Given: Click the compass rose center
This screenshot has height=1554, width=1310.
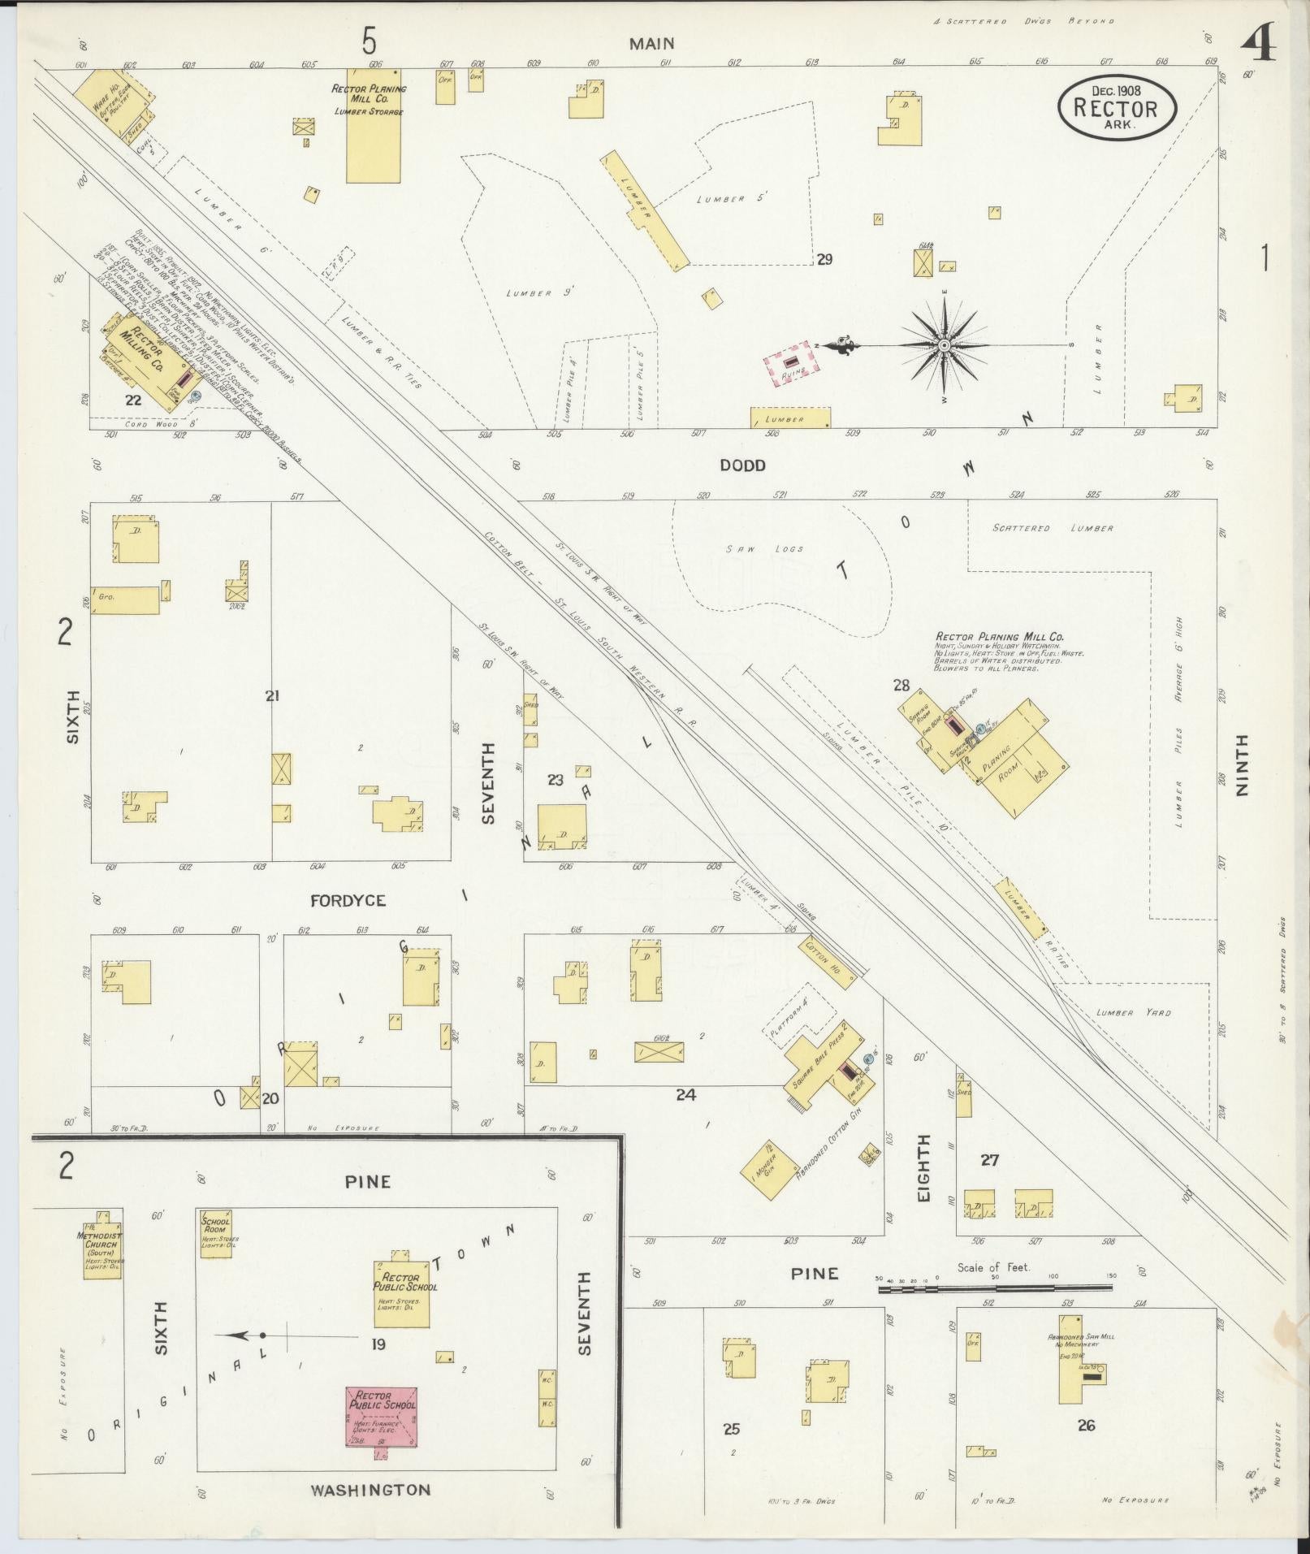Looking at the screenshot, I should pos(945,345).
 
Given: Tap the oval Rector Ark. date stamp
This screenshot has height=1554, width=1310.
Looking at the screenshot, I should pos(1117,108).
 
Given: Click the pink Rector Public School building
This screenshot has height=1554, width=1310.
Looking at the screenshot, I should pos(382,1417).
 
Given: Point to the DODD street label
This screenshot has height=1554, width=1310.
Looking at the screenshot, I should pos(741,465).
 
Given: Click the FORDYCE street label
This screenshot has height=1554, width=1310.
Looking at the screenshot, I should pos(348,900).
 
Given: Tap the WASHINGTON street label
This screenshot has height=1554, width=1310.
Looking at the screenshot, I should pos(370,1489).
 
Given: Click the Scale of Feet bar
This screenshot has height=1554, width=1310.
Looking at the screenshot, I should pos(996,1288).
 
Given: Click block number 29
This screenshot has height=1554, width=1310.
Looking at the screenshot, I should pos(824,260).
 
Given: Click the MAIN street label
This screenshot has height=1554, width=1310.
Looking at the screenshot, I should pos(652,44).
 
